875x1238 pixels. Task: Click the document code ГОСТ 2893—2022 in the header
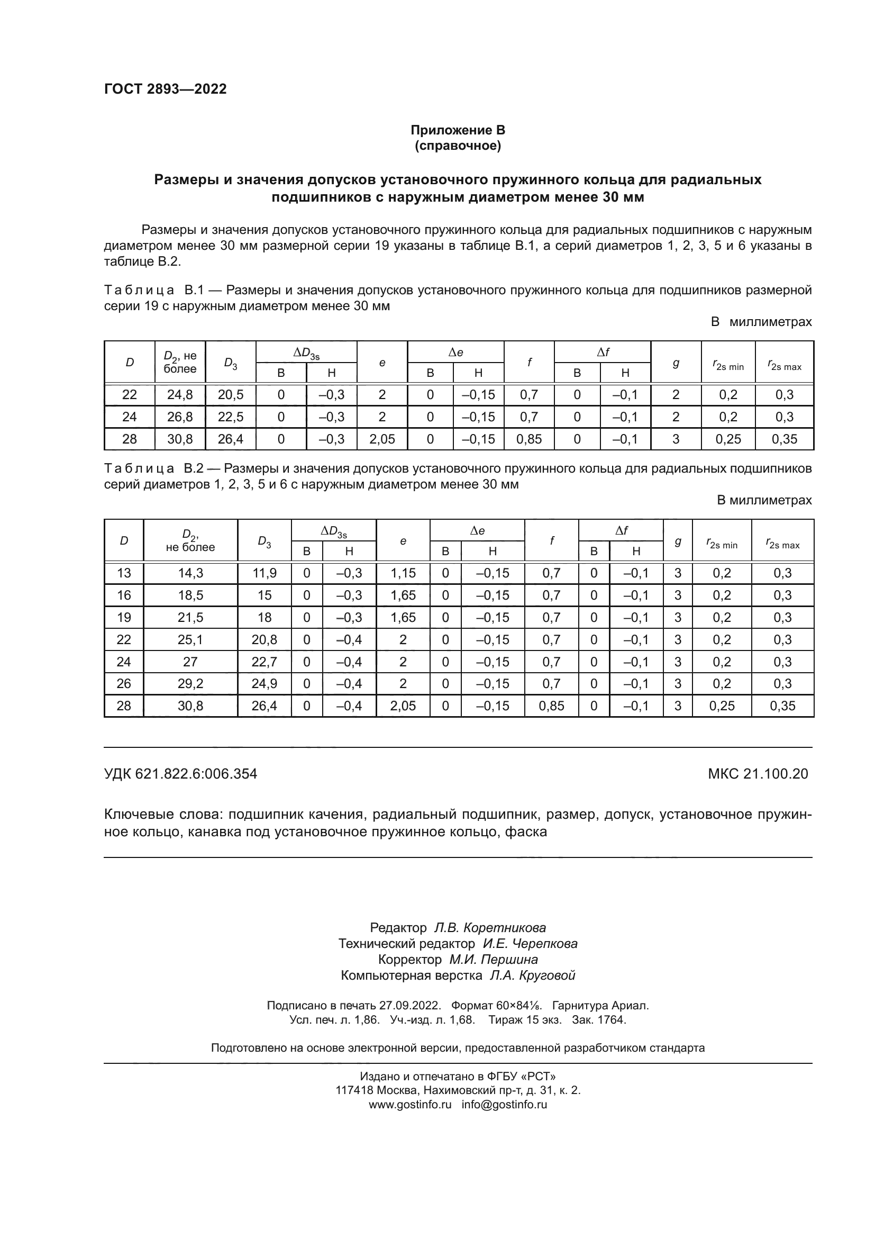click(166, 89)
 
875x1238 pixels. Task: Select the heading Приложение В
click(458, 130)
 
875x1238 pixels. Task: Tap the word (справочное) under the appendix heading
click(458, 146)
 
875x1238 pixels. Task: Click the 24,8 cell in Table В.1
click(180, 395)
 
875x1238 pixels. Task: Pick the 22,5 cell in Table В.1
click(231, 417)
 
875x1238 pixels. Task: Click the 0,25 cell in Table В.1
click(728, 439)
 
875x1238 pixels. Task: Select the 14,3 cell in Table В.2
click(190, 573)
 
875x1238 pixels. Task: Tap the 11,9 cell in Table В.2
click(264, 573)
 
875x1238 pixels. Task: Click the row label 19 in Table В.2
click(124, 617)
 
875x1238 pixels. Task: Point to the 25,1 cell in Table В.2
click(190, 639)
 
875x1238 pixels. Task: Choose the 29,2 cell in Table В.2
click(190, 684)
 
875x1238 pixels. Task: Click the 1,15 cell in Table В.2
click(403, 573)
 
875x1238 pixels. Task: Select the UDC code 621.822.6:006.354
click(196, 774)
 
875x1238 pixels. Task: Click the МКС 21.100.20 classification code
click(758, 774)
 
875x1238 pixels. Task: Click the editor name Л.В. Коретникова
click(490, 927)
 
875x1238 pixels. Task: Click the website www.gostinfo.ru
click(410, 1104)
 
